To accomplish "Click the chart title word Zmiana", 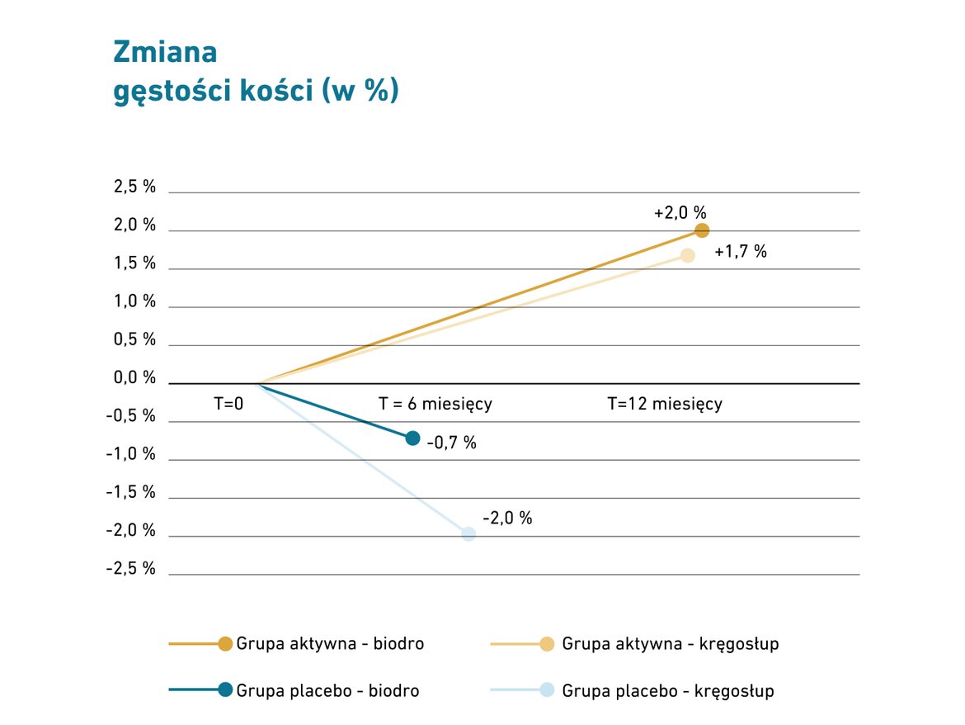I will click(x=165, y=52).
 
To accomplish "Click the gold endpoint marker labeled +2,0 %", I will click(x=702, y=230).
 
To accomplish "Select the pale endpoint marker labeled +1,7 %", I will click(x=687, y=255).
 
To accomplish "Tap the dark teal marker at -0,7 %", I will click(x=413, y=438).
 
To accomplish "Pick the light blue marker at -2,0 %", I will click(x=468, y=533).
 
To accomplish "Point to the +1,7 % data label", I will click(x=741, y=252).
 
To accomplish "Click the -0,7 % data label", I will click(x=452, y=443).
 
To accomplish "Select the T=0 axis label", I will click(x=229, y=404).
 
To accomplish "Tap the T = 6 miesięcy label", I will click(x=435, y=404).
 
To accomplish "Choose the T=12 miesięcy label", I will click(x=665, y=404).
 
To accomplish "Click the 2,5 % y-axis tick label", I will click(x=134, y=187).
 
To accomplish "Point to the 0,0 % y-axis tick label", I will click(x=134, y=378).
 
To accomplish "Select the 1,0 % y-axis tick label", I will click(x=134, y=301).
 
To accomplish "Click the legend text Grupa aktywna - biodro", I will click(x=330, y=643).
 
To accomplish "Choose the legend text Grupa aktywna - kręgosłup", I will click(x=670, y=643).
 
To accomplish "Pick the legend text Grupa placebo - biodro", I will click(x=327, y=690).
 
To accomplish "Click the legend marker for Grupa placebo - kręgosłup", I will click(x=546, y=690).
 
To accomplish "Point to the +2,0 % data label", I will click(x=680, y=212).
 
